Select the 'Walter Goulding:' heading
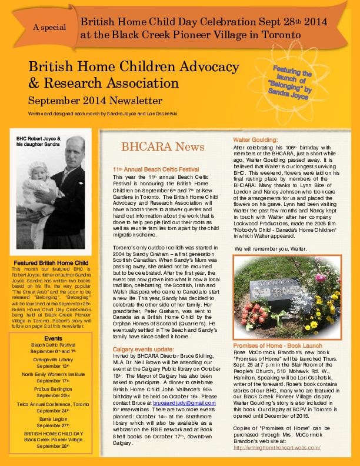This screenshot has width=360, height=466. tap(255, 139)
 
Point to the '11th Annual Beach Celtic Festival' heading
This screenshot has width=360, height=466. tap(155, 169)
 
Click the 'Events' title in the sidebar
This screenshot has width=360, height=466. tap(53, 338)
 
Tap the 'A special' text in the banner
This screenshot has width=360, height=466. tap(50, 28)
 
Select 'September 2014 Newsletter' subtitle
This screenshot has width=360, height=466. tap(95, 100)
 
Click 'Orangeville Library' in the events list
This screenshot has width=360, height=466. tap(53, 358)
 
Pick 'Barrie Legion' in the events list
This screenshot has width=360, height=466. tap(53, 418)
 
